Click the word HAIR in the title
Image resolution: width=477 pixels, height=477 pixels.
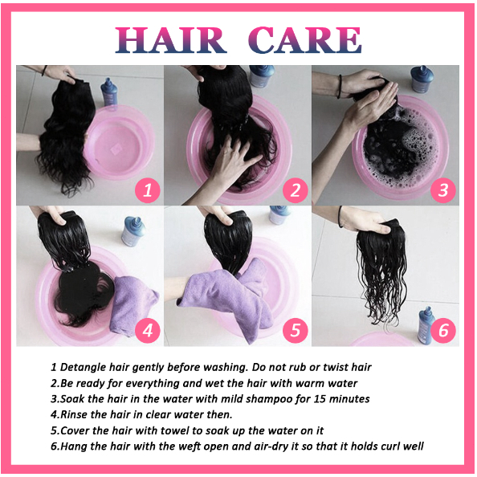[171, 40]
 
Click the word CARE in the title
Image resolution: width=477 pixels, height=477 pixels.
[305, 40]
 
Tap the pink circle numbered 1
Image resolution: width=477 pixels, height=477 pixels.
[148, 190]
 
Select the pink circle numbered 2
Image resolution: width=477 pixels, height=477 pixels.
[296, 190]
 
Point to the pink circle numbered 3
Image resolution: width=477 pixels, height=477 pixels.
[443, 190]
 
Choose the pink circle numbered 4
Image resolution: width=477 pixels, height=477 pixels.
[148, 330]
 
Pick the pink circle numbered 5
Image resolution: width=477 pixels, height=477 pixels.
[296, 330]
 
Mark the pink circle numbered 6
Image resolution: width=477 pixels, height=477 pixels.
[443, 330]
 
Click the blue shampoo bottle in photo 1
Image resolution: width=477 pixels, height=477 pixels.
[109, 93]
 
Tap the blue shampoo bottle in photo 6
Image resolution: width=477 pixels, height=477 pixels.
[426, 325]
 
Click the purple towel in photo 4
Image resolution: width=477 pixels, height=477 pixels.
[132, 305]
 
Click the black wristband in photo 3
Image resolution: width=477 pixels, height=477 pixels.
[340, 87]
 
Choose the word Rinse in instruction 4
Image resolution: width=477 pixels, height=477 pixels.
[74, 414]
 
